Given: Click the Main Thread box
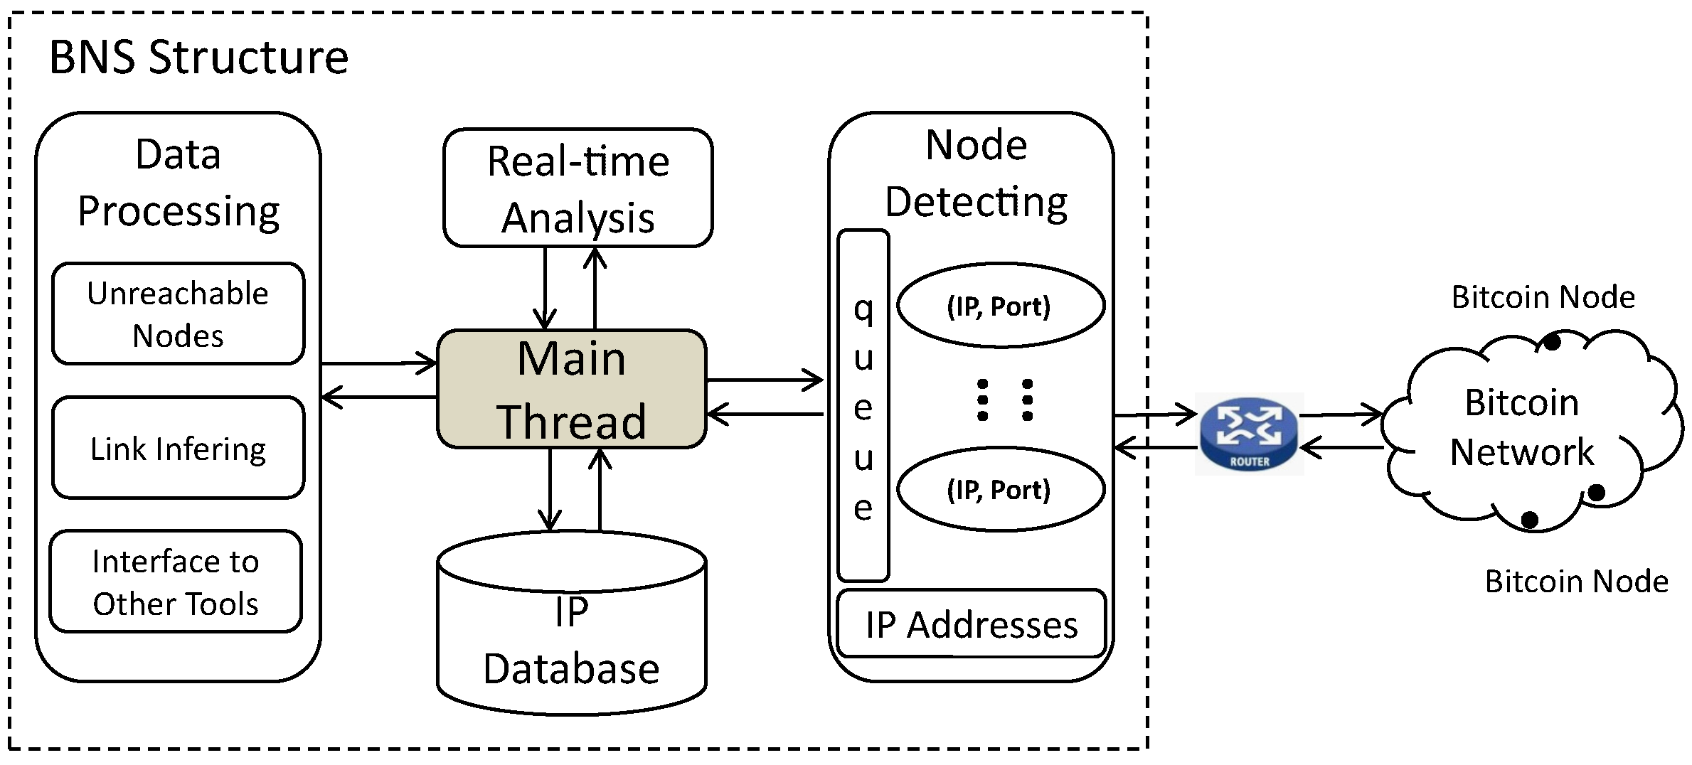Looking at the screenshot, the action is coord(572,389).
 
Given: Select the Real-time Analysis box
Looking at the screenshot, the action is coord(578,188).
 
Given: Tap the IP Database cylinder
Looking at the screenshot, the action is coord(572,623).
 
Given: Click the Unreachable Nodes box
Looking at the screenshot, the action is coord(179,314).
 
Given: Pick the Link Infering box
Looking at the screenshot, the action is coord(179,447).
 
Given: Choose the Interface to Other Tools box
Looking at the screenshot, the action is coord(176,581).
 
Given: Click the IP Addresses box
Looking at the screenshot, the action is coord(972,624).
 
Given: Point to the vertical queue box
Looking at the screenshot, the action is coord(863,405).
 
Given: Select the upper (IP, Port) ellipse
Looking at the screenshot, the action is coord(1001,306).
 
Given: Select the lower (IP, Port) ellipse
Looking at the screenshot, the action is coord(1001,489).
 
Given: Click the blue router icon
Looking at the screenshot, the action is coord(1249,433).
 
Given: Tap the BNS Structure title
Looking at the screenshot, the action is coord(198,57).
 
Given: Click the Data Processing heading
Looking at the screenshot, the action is coord(179,183).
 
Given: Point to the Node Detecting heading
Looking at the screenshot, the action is coord(977,174).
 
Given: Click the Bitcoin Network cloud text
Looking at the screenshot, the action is coord(1522,427).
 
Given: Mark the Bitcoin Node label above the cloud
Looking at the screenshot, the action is coord(1543,297).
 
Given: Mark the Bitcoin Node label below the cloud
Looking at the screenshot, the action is coord(1577,582).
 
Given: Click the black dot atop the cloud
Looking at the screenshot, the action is coord(1553,342).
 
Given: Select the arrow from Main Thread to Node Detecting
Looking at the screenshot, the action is coord(765,380).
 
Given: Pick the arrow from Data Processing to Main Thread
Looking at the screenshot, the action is coord(379,363).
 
